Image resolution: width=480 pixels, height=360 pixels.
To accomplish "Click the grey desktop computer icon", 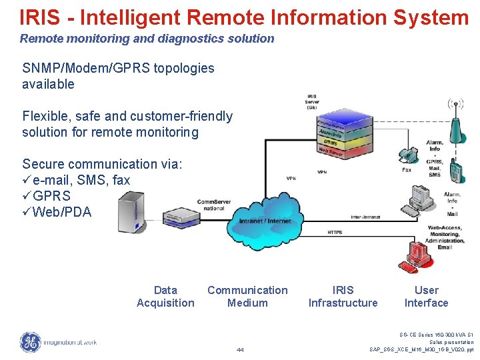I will point(419,197).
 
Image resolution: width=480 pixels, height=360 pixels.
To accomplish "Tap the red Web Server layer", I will point(331,151).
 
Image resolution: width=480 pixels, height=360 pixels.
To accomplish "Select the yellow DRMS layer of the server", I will point(331,142).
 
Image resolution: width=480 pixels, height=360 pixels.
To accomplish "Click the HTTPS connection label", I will point(335,233).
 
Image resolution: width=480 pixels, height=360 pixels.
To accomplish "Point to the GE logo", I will point(30,342).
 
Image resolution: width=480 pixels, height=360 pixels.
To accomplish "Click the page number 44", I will point(240,350).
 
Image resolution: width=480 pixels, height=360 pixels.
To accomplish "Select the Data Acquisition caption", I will point(165,297).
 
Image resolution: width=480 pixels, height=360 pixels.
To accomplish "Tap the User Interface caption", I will point(426,297).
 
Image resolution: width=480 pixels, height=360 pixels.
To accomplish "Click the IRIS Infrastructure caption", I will point(343,297).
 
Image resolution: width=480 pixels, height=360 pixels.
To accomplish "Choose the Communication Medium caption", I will point(247,297).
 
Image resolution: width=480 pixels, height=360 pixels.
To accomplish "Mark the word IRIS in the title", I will point(41,17).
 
